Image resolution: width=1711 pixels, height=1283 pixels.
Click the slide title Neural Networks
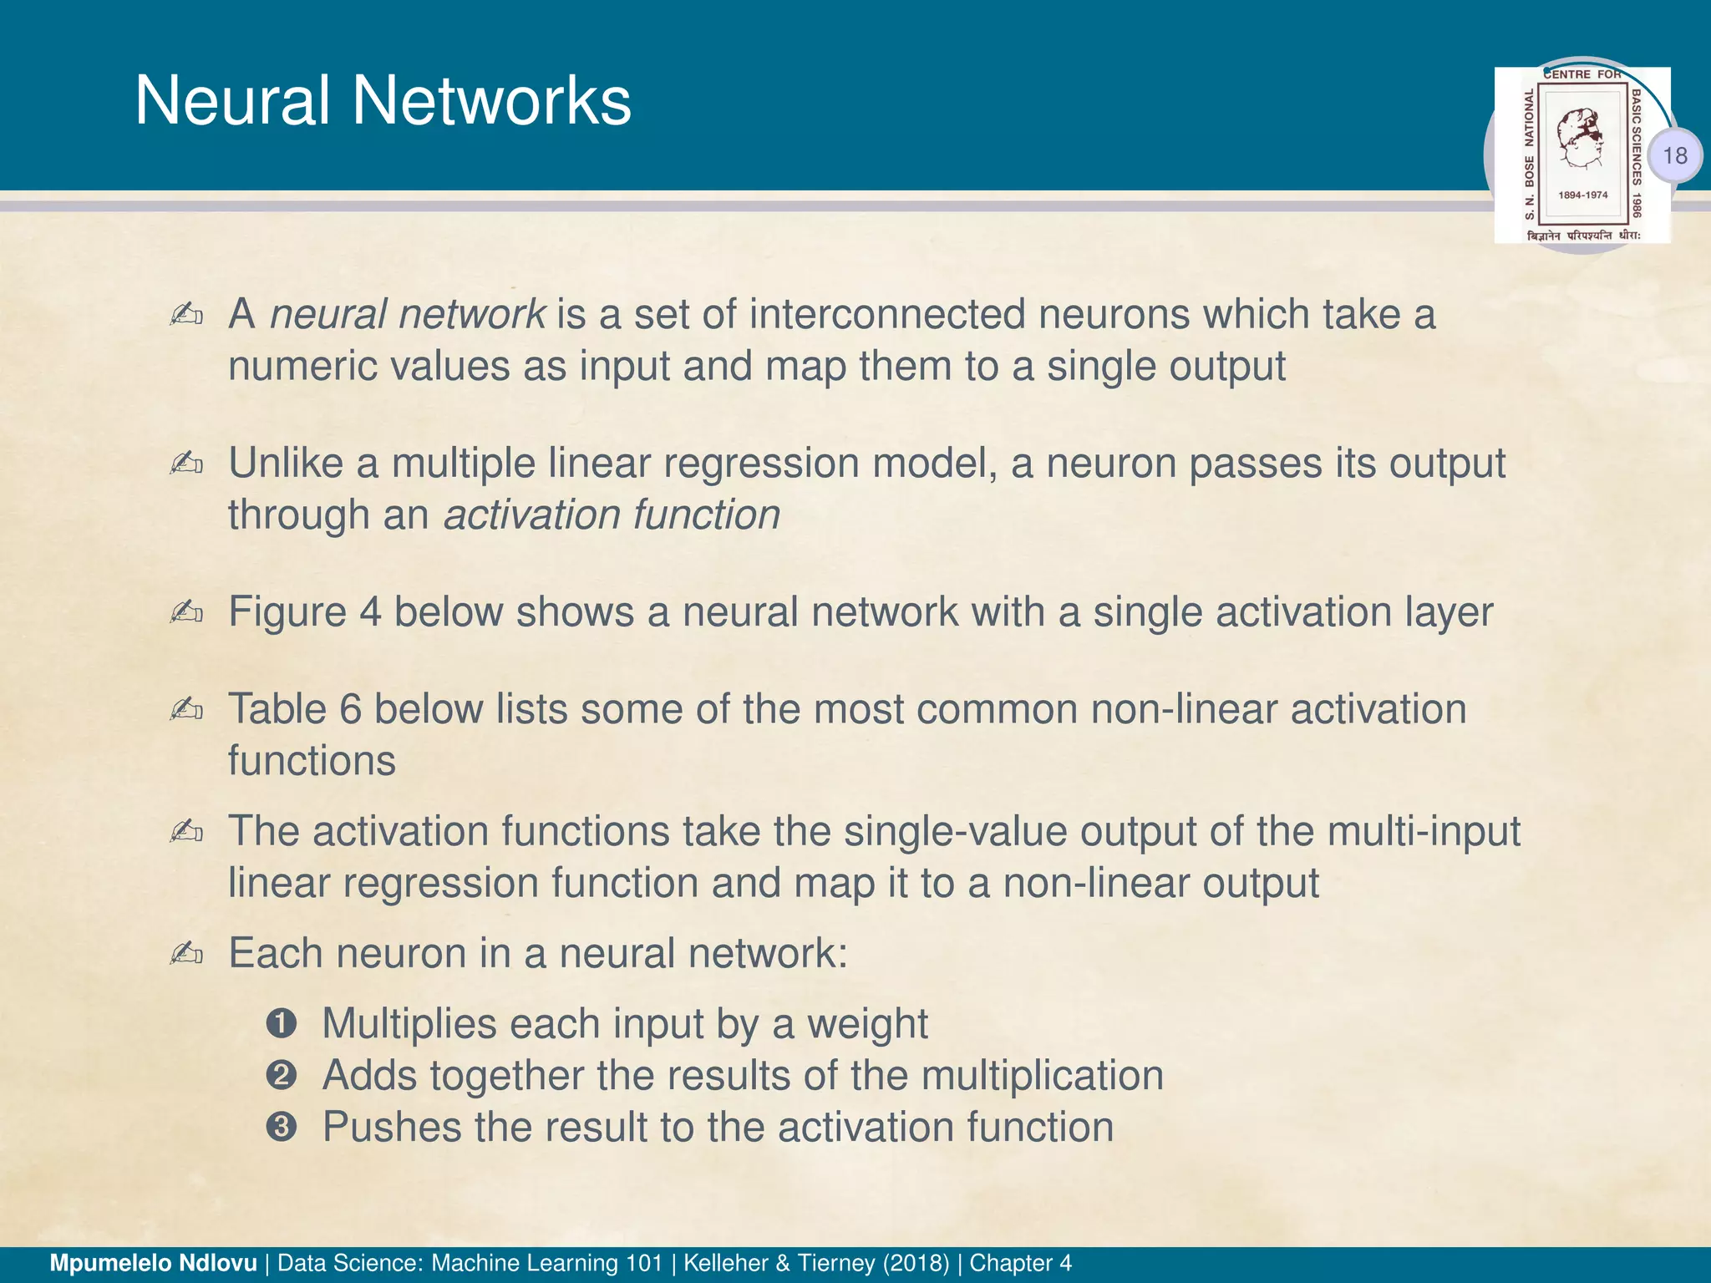[x=383, y=101]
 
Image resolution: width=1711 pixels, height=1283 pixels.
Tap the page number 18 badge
[x=1674, y=155]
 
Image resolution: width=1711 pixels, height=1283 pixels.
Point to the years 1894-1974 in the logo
[x=1582, y=195]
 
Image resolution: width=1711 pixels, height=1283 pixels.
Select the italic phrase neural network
[x=408, y=315]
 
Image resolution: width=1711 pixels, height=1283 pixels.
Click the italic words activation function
[x=612, y=515]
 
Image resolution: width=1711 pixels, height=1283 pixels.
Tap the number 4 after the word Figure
[x=370, y=612]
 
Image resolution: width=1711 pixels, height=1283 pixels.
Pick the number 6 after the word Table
[x=350, y=710]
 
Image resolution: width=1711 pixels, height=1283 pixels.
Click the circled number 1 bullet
[x=282, y=1024]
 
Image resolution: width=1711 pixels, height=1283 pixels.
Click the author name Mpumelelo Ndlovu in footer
[x=154, y=1263]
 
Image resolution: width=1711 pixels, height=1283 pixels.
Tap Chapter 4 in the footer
[x=1020, y=1263]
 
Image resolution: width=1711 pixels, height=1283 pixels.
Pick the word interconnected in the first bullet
[x=887, y=315]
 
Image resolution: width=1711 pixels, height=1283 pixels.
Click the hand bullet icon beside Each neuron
[x=185, y=953]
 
